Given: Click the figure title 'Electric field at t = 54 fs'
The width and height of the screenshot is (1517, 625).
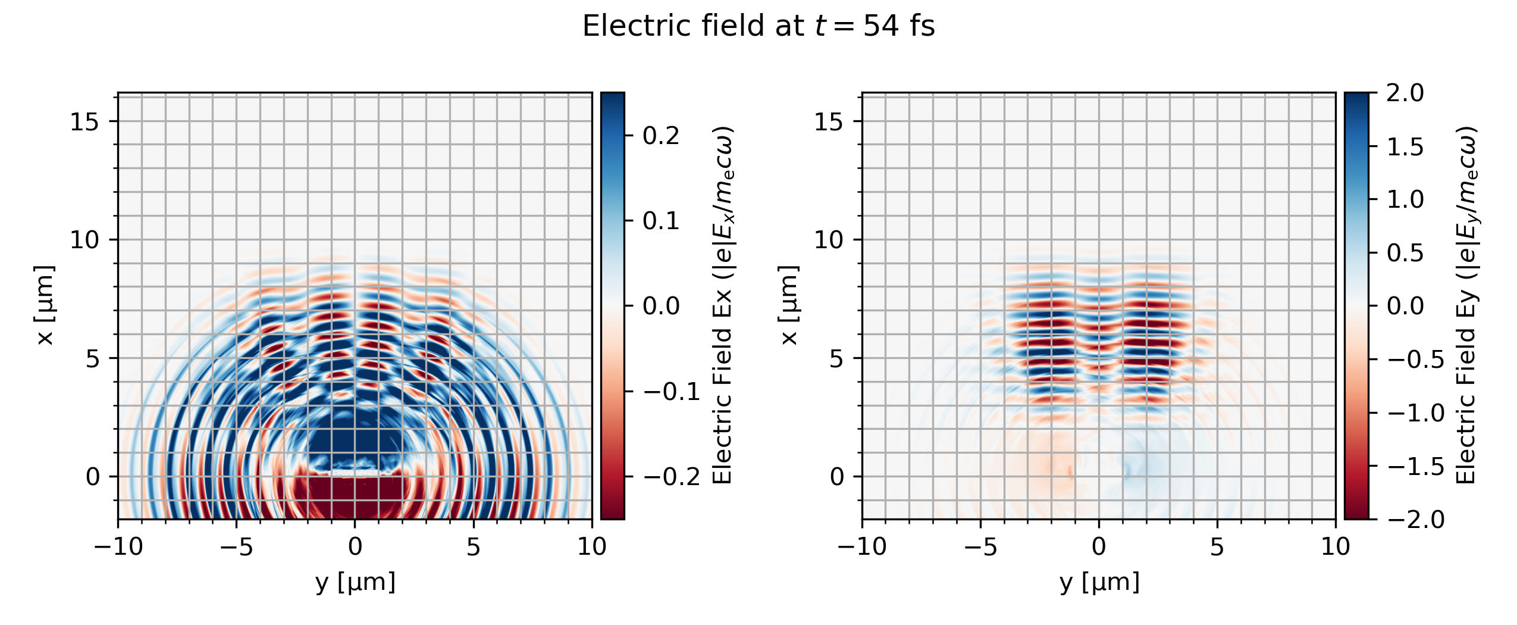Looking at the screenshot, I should [x=758, y=27].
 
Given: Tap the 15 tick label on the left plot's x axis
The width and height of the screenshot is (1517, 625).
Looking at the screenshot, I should [x=85, y=122].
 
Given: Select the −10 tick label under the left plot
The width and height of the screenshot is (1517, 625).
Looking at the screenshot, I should [x=118, y=546].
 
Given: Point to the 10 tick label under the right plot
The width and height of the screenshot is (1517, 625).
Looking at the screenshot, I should [x=1335, y=546].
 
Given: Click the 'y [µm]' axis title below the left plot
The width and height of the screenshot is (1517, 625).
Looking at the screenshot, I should [x=355, y=582].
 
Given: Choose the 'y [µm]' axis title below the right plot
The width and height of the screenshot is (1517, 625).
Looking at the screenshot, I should [x=1099, y=582].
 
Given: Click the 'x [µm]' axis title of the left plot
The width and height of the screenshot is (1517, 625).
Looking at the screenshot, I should [x=45, y=305].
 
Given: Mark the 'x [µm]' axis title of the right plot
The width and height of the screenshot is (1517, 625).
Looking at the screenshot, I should [x=789, y=305].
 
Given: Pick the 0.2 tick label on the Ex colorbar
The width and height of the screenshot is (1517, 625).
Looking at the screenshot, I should [x=660, y=136].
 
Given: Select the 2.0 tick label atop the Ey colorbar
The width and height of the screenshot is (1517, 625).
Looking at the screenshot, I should [x=1405, y=93].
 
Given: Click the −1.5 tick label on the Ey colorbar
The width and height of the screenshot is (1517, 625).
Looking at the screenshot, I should [x=1416, y=467].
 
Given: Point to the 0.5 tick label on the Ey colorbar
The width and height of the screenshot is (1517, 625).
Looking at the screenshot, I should [x=1405, y=254].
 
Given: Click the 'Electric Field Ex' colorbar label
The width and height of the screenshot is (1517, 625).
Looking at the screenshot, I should [x=722, y=305].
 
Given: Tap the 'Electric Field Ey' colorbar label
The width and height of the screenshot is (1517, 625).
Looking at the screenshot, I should [x=1466, y=305].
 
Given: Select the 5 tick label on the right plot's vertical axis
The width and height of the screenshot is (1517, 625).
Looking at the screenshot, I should [x=836, y=359].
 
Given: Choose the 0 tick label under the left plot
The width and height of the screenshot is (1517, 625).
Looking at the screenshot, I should [x=355, y=546].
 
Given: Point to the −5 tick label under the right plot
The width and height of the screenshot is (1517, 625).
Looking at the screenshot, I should [x=980, y=546].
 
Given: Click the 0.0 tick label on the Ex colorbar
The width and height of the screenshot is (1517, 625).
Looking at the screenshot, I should [x=660, y=307].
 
